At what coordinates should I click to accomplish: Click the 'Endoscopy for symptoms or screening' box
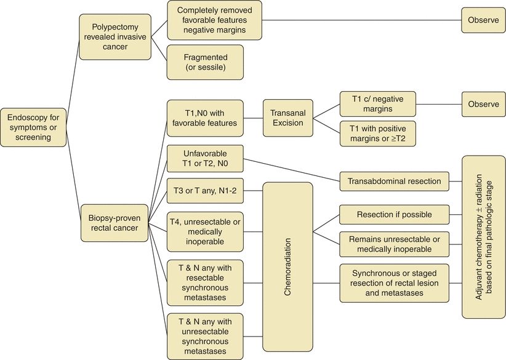pyautogui.click(x=33, y=127)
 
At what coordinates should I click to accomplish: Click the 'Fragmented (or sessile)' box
pyautogui.click(x=206, y=62)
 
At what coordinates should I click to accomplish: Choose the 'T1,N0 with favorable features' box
pyautogui.click(x=205, y=115)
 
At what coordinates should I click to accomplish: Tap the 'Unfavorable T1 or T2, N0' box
pyautogui.click(x=205, y=159)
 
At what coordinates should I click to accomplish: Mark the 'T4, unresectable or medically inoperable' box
pyautogui.click(x=205, y=230)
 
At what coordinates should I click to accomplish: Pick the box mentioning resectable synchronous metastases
pyautogui.click(x=205, y=281)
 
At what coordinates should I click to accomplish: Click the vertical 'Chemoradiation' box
pyautogui.click(x=287, y=266)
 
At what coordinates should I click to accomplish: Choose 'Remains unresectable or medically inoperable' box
pyautogui.click(x=394, y=244)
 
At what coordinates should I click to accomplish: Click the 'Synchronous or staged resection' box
pyautogui.click(x=394, y=283)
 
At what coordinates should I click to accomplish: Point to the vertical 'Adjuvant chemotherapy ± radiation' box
pyautogui.click(x=483, y=236)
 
